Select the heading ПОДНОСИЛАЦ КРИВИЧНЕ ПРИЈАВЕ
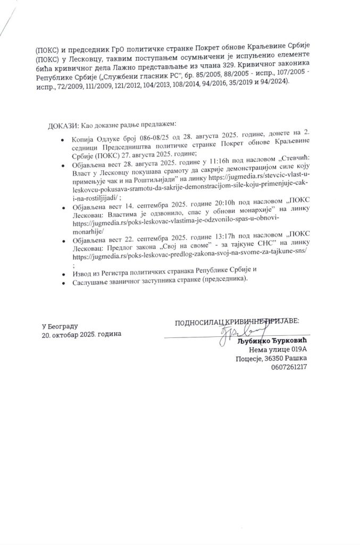237,321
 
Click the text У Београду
60,325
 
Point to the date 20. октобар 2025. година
82,334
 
